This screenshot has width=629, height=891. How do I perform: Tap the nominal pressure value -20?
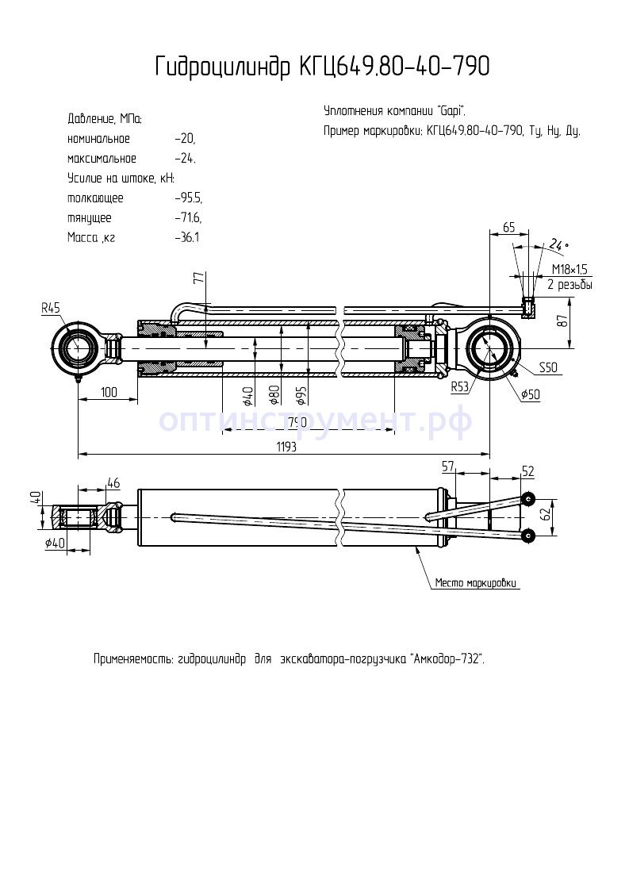(x=185, y=139)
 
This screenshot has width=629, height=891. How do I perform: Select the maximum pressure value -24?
(x=185, y=159)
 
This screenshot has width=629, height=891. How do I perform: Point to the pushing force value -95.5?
(x=188, y=198)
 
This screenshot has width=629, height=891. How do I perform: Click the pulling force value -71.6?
(x=188, y=217)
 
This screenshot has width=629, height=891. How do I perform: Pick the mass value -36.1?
(x=187, y=237)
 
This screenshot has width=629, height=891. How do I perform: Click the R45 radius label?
(x=52, y=307)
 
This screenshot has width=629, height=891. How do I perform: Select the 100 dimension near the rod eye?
(x=108, y=392)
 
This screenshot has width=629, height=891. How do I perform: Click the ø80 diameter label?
(x=274, y=394)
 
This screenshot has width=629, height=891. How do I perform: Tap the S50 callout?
(x=547, y=367)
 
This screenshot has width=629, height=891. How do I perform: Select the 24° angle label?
(x=559, y=244)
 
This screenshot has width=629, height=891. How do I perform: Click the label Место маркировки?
(x=476, y=583)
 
